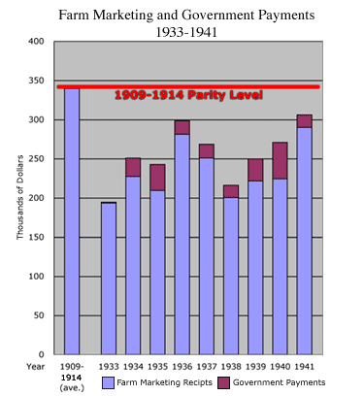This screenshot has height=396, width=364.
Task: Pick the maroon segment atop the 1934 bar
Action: tap(133, 167)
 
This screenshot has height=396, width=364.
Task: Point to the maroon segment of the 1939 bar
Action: tap(255, 170)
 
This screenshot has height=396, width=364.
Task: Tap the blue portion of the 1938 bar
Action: tap(231, 277)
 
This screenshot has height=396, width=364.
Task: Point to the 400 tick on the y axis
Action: tap(36, 42)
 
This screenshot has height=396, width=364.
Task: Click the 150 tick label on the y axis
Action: tap(36, 238)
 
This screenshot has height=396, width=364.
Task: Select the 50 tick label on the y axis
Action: tap(39, 315)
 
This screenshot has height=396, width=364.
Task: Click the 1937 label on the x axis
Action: tap(206, 367)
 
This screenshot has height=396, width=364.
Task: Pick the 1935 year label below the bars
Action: tap(157, 367)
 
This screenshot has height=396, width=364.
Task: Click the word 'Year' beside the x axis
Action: tap(36, 367)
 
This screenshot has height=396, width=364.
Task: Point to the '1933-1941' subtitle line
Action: tap(182, 32)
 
